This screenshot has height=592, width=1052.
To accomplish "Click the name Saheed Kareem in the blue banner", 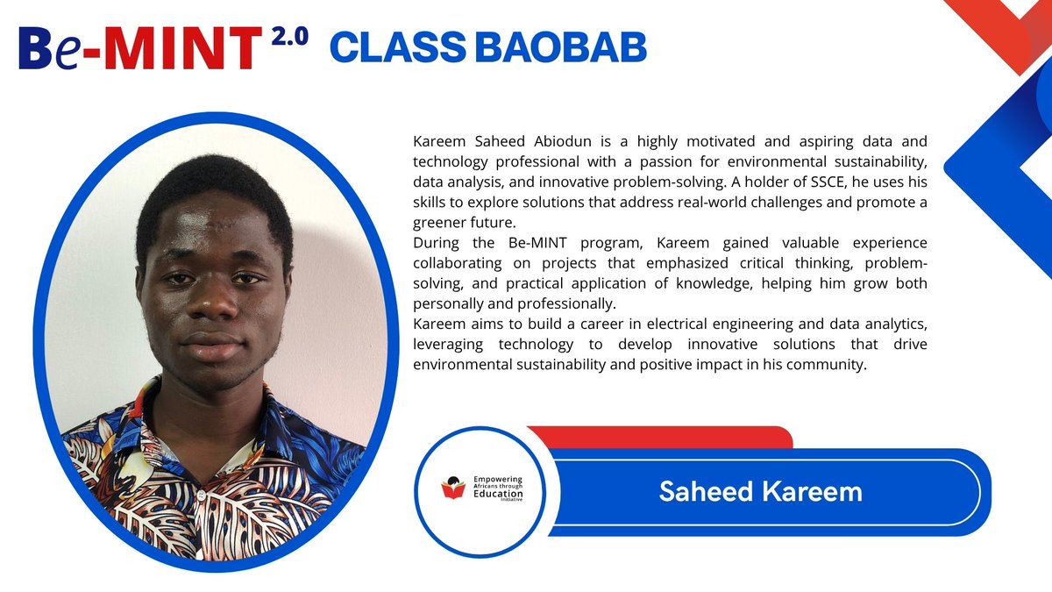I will point(760,491).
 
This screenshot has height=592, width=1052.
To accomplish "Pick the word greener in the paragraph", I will point(436,222).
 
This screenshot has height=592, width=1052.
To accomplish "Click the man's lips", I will point(210,344).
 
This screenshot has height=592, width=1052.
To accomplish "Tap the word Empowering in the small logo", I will point(497,480).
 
